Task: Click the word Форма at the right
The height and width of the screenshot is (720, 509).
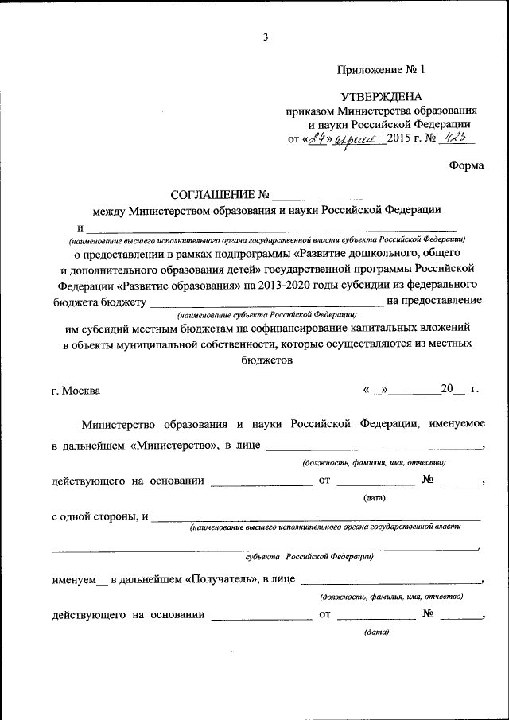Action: pyautogui.click(x=466, y=165)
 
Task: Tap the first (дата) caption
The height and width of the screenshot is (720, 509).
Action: pyautogui.click(x=375, y=498)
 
